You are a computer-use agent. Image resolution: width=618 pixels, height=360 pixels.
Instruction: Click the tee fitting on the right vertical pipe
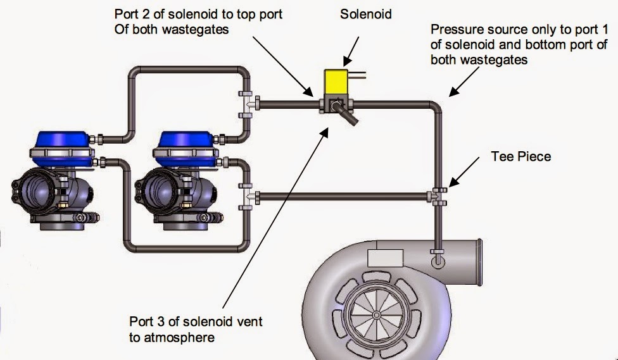click(x=438, y=196)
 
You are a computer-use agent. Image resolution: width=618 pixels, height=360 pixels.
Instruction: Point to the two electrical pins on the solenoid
click(x=360, y=76)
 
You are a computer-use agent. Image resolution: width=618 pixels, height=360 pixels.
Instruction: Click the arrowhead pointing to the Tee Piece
click(x=451, y=185)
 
